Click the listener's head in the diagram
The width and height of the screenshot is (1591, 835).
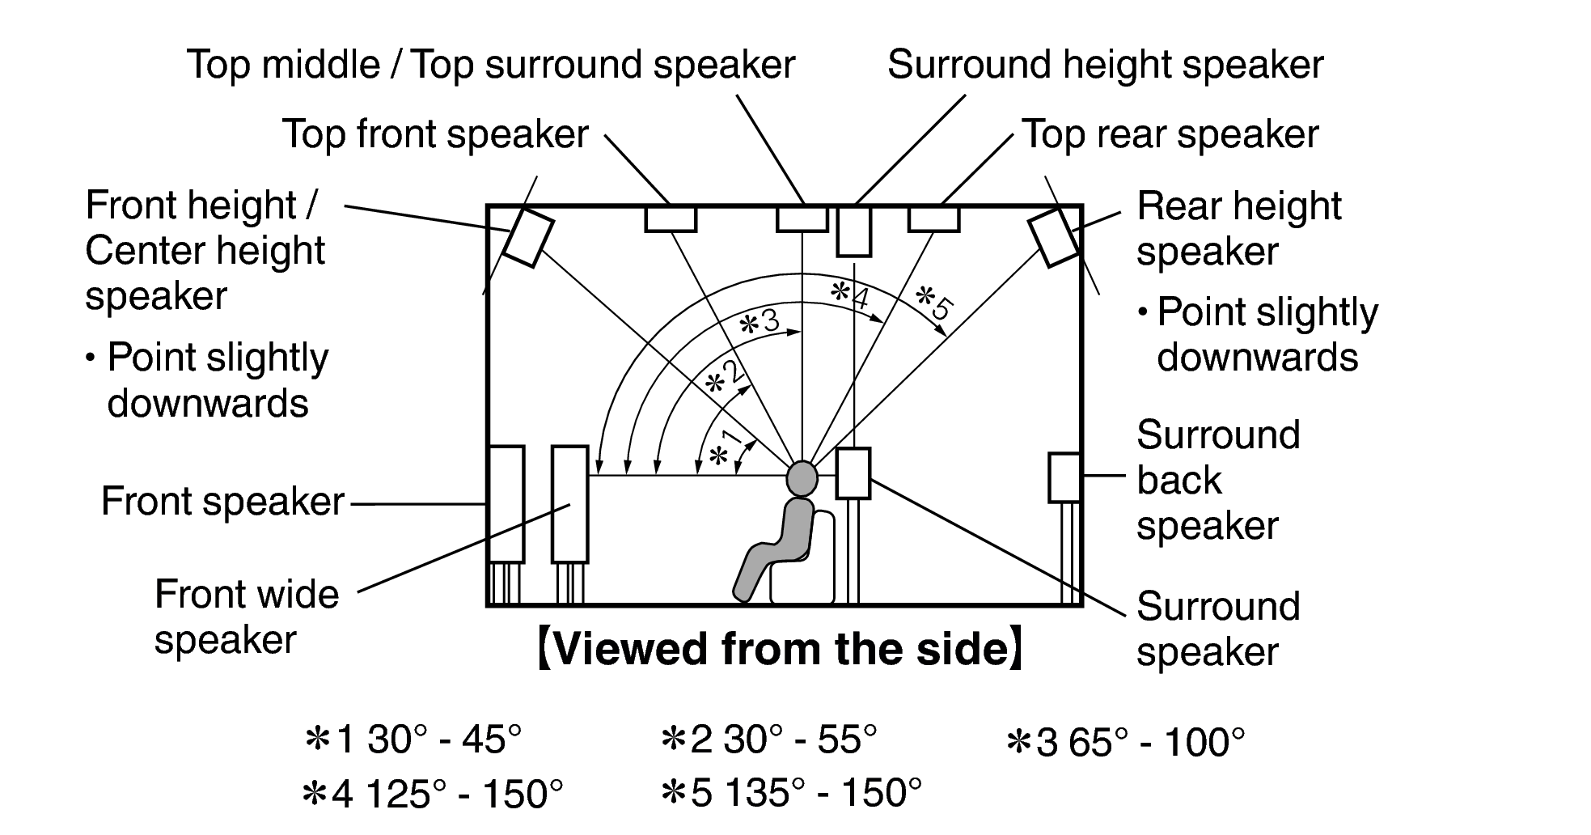click(x=802, y=477)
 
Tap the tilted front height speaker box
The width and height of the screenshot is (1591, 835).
click(x=528, y=237)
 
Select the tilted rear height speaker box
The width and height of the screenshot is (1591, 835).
click(x=1054, y=237)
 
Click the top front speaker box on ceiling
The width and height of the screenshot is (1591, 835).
click(x=671, y=218)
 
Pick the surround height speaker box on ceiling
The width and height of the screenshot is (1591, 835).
click(x=854, y=231)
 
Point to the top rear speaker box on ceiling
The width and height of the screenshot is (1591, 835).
click(x=933, y=218)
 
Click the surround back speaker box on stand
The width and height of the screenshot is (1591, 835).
click(x=1064, y=477)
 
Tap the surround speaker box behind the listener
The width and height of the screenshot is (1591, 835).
click(x=853, y=473)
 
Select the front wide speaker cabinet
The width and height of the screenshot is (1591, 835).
click(x=569, y=503)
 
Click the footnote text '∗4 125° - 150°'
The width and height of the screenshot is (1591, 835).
click(x=432, y=795)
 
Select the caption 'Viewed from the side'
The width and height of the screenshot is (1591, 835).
click(x=780, y=650)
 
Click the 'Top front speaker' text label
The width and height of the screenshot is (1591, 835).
click(x=435, y=134)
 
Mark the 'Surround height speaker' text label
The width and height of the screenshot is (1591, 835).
click(x=1105, y=65)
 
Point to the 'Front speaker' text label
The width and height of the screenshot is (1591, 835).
click(x=222, y=502)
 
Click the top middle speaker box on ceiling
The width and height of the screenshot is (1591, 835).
click(x=802, y=218)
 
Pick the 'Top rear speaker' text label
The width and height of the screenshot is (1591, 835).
click(x=1170, y=134)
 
